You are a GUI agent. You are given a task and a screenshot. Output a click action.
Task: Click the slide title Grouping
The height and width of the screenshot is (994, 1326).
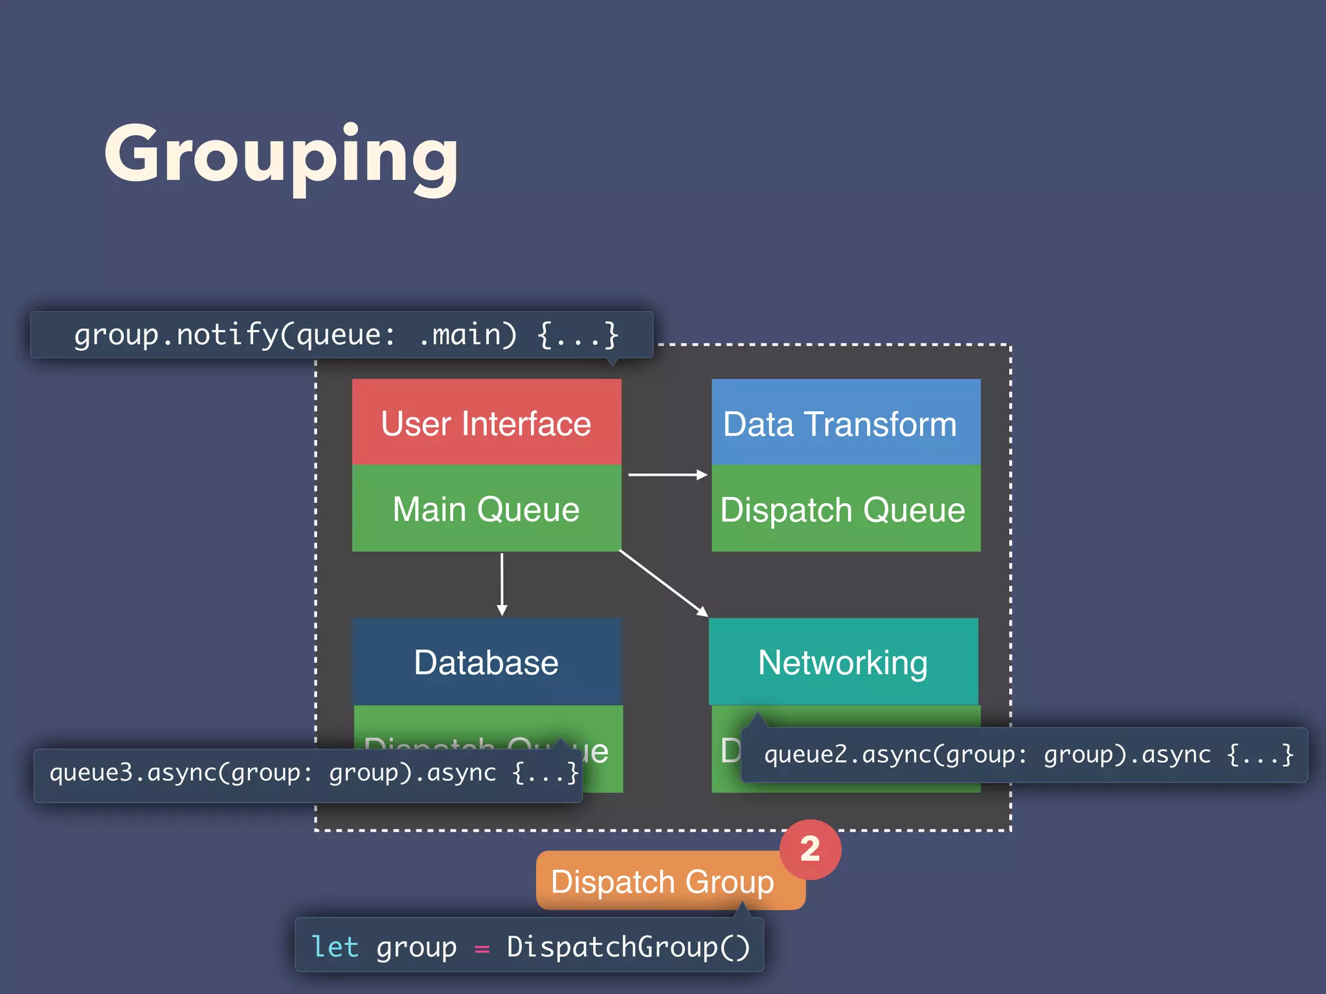[281, 155]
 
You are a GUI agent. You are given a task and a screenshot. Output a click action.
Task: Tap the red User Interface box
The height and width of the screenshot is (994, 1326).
[486, 423]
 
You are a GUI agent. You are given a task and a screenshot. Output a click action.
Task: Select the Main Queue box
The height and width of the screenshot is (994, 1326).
[486, 509]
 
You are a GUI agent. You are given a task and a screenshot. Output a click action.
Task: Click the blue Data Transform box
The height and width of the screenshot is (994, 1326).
[846, 423]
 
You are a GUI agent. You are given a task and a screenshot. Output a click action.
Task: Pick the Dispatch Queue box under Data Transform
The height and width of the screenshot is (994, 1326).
[846, 509]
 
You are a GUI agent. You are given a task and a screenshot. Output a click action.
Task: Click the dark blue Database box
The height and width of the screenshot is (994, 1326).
[486, 662]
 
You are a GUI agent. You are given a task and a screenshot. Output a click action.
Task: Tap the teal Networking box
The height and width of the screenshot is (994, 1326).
[843, 662]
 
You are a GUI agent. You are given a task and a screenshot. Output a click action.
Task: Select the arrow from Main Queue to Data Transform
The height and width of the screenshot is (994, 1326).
[667, 474]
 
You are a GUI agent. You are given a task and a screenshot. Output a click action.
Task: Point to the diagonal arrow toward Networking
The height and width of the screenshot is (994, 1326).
[664, 583]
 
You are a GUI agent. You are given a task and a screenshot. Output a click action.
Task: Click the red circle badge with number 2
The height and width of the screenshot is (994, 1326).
[810, 849]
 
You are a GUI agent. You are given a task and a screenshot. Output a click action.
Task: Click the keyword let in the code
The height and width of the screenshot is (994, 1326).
[335, 947]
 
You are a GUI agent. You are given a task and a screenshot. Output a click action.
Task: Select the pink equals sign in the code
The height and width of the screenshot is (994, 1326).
[482, 949]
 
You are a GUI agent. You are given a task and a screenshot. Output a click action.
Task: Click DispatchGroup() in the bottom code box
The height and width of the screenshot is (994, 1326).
[628, 947]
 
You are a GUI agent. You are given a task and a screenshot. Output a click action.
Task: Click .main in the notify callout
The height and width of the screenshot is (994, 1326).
[460, 335]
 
